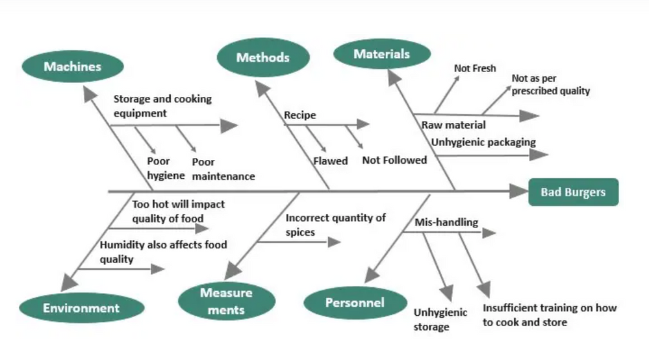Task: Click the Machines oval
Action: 72,66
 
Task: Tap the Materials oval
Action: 381,54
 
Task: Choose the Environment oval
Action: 81,308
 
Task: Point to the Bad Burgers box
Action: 573,192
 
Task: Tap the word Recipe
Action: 299,115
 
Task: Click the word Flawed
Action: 330,161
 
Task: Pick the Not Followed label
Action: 394,160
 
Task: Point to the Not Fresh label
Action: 475,68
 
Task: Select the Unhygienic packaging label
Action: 483,142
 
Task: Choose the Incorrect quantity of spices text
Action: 335,225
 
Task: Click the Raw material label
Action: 453,125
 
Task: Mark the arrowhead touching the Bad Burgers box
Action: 518,192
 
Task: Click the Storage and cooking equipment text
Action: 162,106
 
